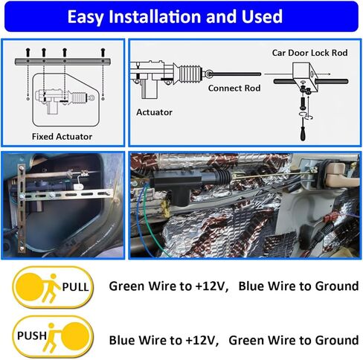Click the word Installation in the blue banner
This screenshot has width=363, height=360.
point(155,16)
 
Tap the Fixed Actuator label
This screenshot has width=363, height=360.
point(62,137)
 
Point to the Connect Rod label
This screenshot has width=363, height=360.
point(234,88)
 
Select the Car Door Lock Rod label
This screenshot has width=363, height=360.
point(309,53)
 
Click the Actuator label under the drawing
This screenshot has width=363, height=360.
point(154,112)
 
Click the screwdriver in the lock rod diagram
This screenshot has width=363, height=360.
point(303,129)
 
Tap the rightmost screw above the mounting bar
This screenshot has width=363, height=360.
point(103,52)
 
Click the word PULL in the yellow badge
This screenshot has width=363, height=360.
point(75,287)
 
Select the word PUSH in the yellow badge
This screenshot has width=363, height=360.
point(32,335)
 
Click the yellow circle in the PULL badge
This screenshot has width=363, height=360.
point(30,287)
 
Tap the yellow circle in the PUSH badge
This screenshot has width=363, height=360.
point(75,336)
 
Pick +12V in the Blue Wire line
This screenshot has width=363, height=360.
point(202,340)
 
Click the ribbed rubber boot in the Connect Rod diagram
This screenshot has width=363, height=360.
point(190,74)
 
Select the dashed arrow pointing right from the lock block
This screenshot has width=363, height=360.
point(322,74)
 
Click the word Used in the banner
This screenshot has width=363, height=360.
point(262,16)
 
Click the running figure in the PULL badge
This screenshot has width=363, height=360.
point(51,288)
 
